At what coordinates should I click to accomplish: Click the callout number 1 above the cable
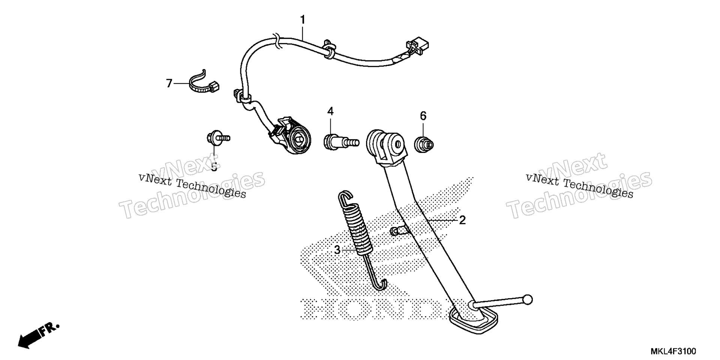point(302,20)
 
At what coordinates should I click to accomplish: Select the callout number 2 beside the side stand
point(462,220)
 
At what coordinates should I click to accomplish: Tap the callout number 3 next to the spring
point(337,250)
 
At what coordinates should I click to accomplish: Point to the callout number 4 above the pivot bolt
point(330,111)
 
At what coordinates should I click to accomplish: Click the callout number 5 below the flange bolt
point(214,167)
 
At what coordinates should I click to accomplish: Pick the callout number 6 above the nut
point(423,116)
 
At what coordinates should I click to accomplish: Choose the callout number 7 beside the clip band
point(169,83)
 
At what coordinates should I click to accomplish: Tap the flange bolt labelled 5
point(218,138)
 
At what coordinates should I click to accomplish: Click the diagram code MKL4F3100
point(673,351)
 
